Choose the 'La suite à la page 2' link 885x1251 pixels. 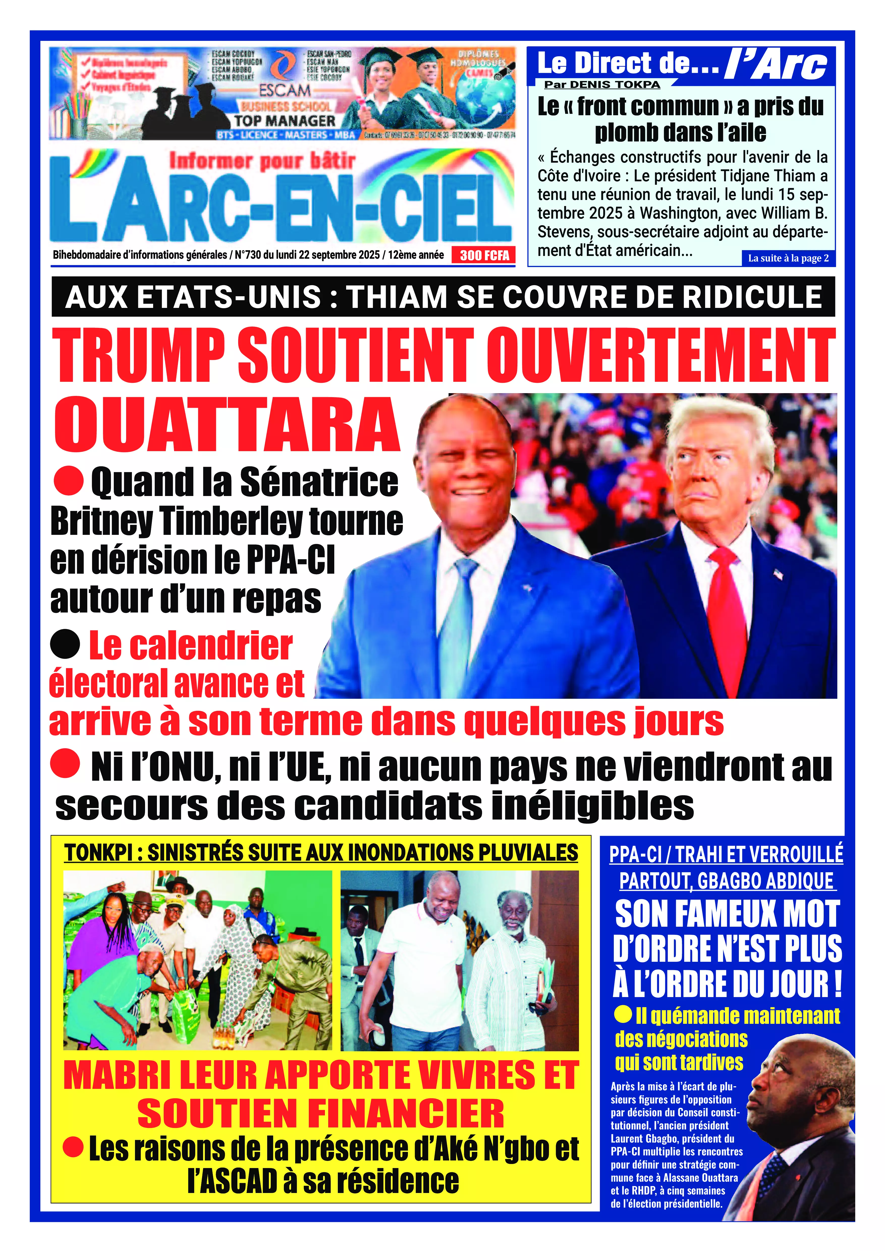tap(788, 258)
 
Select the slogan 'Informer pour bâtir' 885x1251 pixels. tap(262, 161)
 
